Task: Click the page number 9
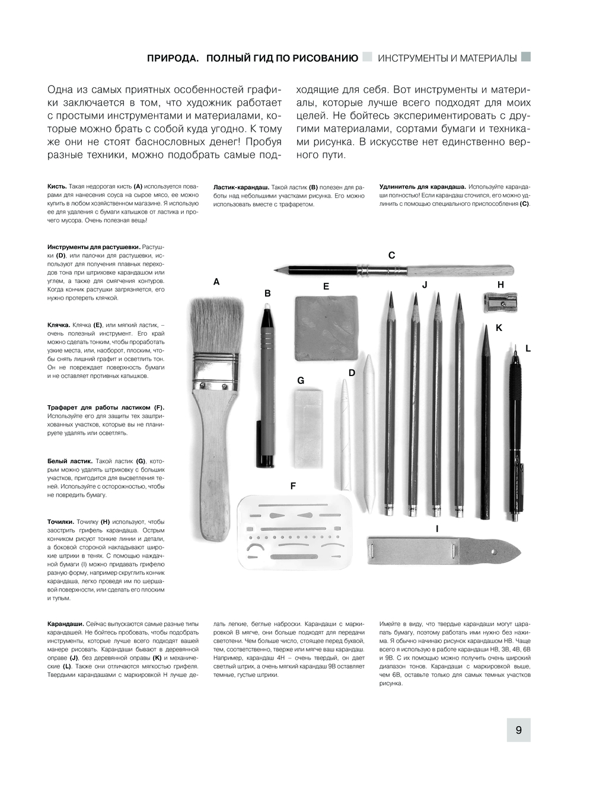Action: (x=518, y=730)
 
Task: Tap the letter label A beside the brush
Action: (x=216, y=282)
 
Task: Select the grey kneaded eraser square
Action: (x=326, y=327)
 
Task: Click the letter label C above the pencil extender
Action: (x=391, y=255)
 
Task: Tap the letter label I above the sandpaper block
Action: (x=437, y=529)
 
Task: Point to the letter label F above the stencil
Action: (x=293, y=486)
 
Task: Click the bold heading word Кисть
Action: (x=57, y=186)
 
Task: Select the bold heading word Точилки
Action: (x=60, y=522)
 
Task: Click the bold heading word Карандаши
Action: (x=65, y=624)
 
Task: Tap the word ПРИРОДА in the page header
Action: (x=173, y=58)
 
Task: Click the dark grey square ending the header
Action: (x=525, y=57)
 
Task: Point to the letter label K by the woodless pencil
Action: (x=499, y=327)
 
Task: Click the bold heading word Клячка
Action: (x=59, y=325)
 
